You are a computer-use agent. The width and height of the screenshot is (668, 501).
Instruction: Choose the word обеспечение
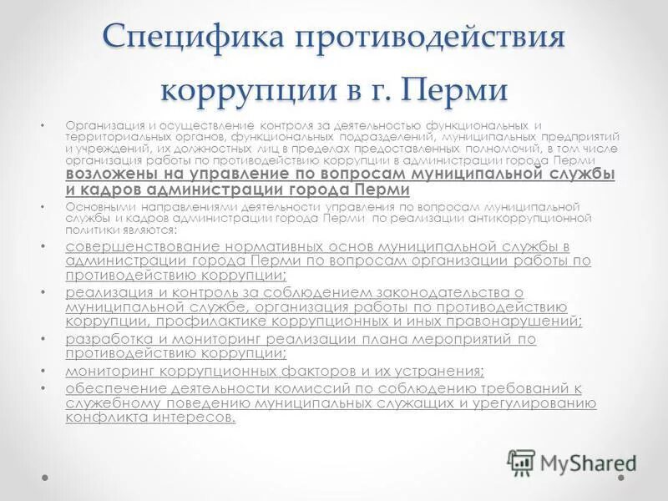click(114, 389)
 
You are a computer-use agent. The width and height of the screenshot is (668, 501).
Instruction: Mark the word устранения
click(434, 371)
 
